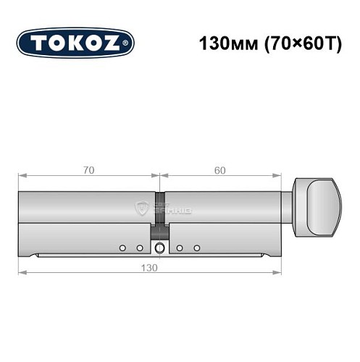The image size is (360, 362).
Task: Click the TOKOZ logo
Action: [75, 43]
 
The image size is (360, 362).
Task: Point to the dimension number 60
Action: [219, 170]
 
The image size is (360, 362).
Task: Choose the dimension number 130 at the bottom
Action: [150, 266]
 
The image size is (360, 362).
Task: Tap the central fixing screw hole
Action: [159, 249]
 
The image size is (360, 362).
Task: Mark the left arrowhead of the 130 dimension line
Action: [22, 272]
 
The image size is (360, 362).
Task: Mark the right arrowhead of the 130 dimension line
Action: [278, 272]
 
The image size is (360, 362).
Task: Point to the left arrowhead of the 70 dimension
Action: [22, 176]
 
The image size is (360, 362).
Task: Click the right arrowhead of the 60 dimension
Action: [278, 176]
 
